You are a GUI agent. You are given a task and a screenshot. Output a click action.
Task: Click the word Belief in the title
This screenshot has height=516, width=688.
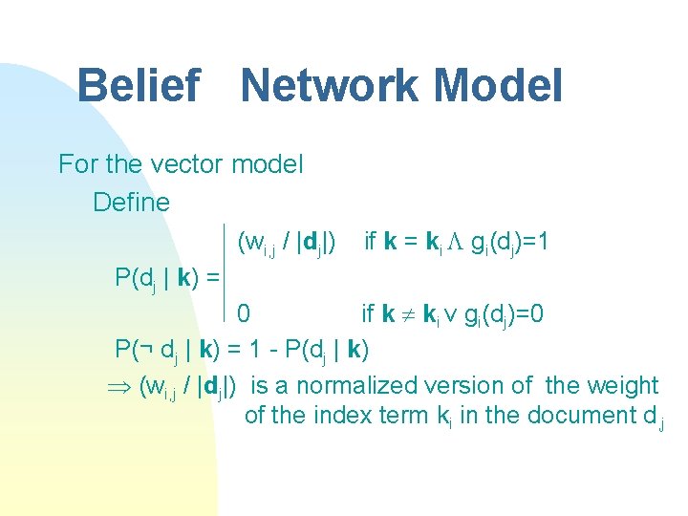click(138, 86)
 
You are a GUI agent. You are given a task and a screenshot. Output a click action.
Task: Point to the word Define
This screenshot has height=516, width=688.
click(131, 203)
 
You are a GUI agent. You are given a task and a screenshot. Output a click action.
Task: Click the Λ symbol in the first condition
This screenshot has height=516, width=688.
click(457, 241)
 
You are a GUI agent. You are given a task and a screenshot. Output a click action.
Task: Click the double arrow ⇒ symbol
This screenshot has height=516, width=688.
click(124, 386)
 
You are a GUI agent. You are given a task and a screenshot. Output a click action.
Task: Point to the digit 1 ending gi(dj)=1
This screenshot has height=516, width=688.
click(542, 241)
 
